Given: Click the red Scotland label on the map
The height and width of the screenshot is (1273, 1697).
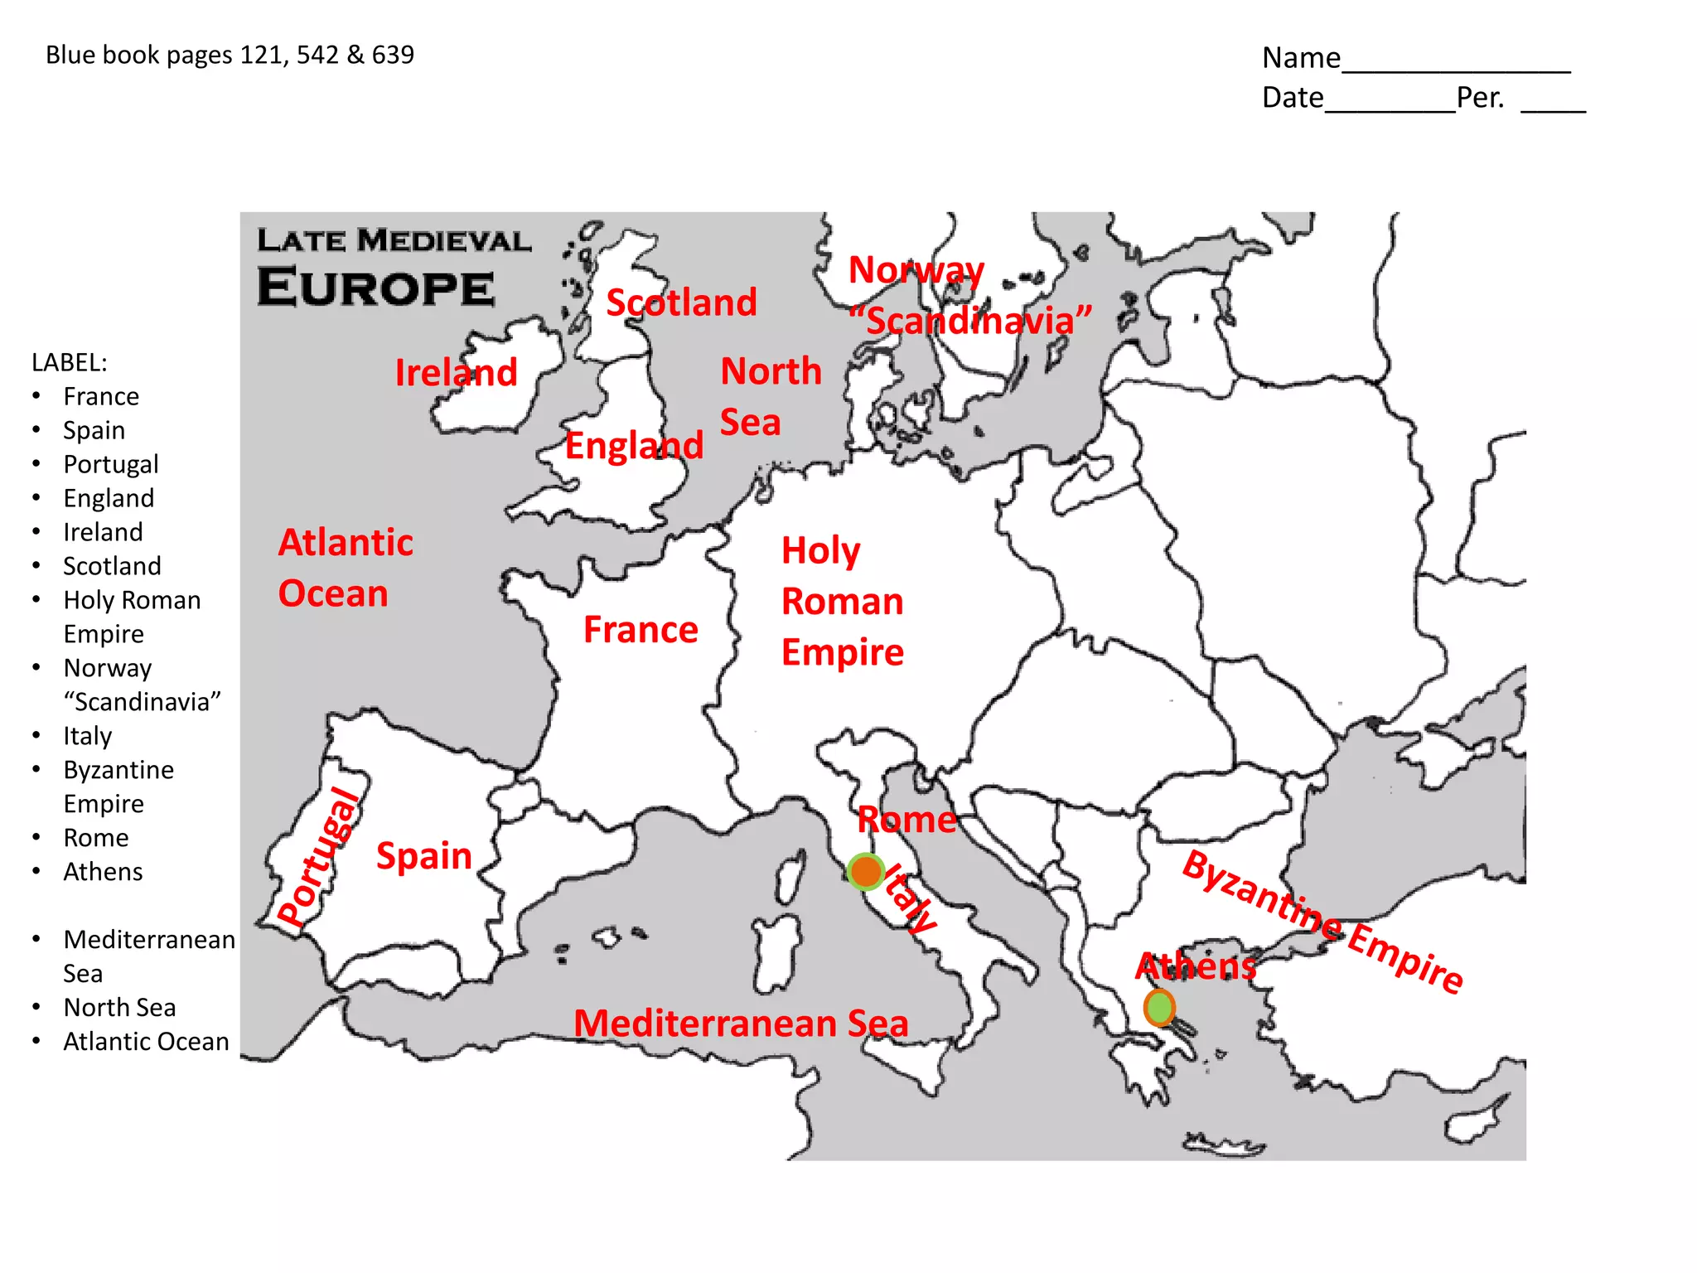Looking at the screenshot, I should pos(681,303).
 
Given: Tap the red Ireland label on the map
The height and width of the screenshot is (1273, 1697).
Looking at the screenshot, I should pos(456,372).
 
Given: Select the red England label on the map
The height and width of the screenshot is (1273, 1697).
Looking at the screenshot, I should pos(634,446).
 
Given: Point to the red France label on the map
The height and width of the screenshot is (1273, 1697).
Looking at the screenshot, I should pos(641,630).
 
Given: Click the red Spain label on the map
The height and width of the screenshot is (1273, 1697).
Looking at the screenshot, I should pos(423,855).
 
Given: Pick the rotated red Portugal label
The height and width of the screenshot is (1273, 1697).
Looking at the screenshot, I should pos(319,857).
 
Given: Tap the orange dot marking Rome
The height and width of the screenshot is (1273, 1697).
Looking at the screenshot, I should pos(866,872).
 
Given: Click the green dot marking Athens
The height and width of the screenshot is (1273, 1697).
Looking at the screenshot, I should pos(1159,1008).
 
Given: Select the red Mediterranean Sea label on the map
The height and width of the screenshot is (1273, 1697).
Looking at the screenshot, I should pos(741,1024).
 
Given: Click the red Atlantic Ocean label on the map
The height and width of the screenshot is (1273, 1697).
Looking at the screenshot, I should pos(345,569).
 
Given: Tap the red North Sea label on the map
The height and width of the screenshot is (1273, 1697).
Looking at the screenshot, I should pos(770,396).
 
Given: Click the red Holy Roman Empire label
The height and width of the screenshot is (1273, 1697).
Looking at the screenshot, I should pos(842,602).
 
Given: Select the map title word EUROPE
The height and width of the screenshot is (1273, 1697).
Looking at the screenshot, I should pos(376,288).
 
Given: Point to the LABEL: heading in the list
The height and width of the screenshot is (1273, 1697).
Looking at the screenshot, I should pos(70,362).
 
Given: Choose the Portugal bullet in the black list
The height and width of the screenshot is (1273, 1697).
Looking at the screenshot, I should pos(110,464).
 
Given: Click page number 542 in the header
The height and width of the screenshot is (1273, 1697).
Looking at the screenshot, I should pos(317,55).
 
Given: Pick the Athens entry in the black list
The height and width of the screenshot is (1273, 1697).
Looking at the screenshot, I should pos(103,872).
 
